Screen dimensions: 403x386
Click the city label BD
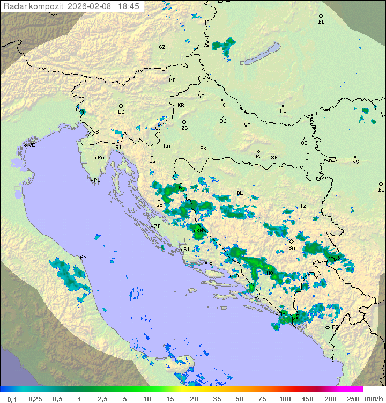[321, 22]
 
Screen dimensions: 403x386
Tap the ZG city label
[184, 128]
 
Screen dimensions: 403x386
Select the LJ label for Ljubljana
[121, 112]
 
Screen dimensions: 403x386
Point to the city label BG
[381, 189]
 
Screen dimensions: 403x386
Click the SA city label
[292, 248]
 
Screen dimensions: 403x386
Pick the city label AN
[83, 257]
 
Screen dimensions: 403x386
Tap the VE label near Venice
[32, 145]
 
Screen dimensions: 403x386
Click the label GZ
[162, 47]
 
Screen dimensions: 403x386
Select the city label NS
[355, 162]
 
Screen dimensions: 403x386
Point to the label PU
[97, 180]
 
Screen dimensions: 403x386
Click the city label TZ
[303, 206]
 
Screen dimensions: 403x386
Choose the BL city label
[240, 193]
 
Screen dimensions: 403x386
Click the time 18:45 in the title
[128, 6]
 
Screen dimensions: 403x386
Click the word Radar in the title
[14, 6]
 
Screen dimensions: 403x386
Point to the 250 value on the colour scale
[352, 399]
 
